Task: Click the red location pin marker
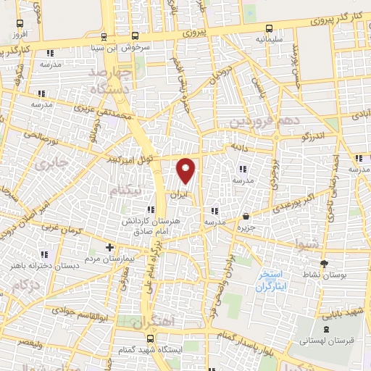(x=186, y=170)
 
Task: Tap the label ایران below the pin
(x=178, y=195)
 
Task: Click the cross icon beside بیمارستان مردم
(x=109, y=247)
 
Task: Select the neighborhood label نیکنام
(x=124, y=190)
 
